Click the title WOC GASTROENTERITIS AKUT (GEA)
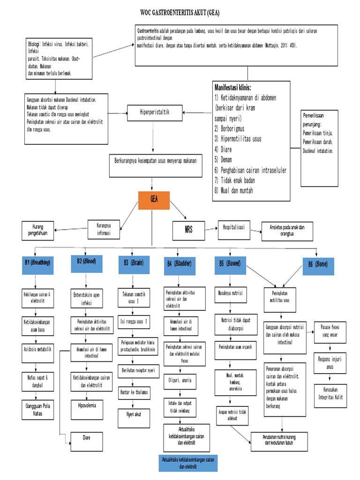pos(180,13)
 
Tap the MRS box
pos(189,230)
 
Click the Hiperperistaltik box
pos(154,112)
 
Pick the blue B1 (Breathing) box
pos(38,263)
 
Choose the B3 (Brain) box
pos(134,264)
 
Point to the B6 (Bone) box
pos(318,264)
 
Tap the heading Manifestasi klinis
pos(232,88)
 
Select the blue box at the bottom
pos(186,464)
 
